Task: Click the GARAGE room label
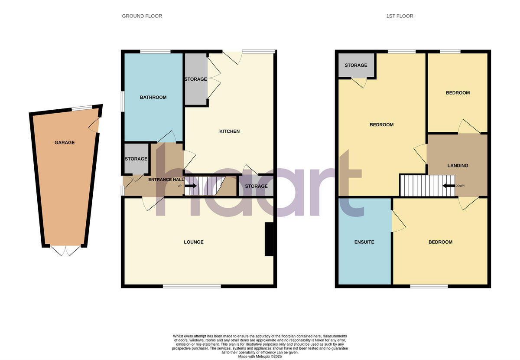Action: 65,143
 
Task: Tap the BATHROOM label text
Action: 153,98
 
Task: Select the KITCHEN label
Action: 229,131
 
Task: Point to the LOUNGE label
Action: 194,242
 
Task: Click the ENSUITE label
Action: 364,242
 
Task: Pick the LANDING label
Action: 458,166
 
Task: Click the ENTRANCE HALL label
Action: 166,179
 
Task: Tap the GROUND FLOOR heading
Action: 142,16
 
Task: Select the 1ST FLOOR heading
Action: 400,16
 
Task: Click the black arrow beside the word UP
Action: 191,186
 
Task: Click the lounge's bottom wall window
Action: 192,286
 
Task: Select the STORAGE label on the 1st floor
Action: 356,65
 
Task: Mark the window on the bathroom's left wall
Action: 122,101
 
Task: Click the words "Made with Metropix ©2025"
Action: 260,356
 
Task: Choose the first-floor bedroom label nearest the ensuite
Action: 440,242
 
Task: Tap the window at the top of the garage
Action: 82,108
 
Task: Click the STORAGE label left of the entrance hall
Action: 136,159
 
